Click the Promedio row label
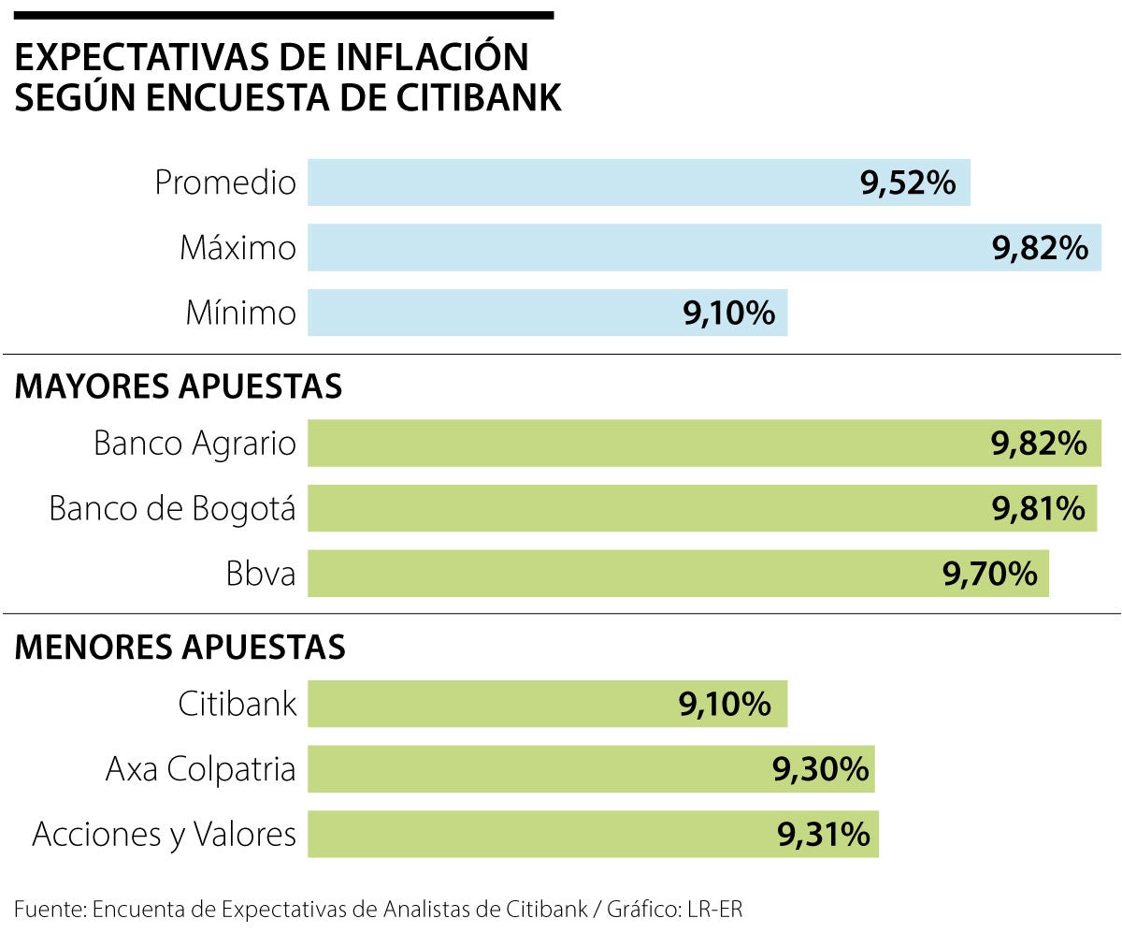click(x=224, y=182)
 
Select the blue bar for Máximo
click(x=645, y=248)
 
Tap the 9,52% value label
click(x=908, y=182)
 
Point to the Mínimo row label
click(x=240, y=313)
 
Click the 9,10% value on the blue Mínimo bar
click(x=729, y=313)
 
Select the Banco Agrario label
click(x=194, y=444)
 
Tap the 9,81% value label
click(x=1038, y=509)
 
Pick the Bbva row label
click(x=261, y=574)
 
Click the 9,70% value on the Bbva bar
click(x=990, y=574)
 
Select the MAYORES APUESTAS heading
click(x=179, y=386)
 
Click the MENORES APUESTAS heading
click(x=180, y=647)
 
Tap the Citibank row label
click(x=237, y=704)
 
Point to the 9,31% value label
click(x=823, y=834)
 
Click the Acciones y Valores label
click(x=164, y=834)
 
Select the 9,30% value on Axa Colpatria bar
click(x=820, y=769)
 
